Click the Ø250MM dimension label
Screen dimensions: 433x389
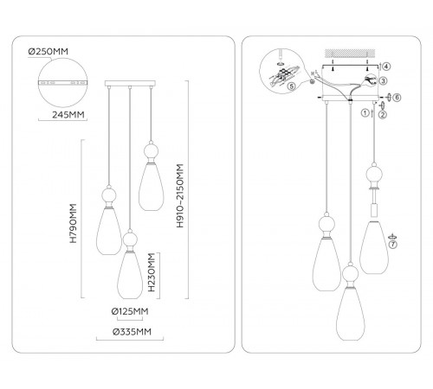pyautogui.click(x=48, y=52)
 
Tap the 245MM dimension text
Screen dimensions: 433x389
pyautogui.click(x=68, y=115)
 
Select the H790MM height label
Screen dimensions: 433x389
pyautogui.click(x=74, y=223)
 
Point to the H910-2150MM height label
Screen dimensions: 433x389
pyautogui.click(x=180, y=196)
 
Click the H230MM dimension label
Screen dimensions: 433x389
pyautogui.click(x=152, y=272)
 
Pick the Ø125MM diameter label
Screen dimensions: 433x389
pyautogui.click(x=130, y=311)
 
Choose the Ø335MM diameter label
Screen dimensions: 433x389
pyautogui.click(x=132, y=332)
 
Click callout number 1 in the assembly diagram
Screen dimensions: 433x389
pyautogui.click(x=365, y=112)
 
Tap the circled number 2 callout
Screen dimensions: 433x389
pyautogui.click(x=383, y=115)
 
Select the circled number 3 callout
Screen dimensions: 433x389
pyautogui.click(x=383, y=81)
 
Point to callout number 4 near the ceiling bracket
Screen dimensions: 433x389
pyautogui.click(x=386, y=67)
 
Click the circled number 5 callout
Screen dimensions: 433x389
pyautogui.click(x=292, y=86)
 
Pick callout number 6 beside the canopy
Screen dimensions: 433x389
pyautogui.click(x=397, y=98)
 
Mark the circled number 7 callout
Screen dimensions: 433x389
pyautogui.click(x=393, y=245)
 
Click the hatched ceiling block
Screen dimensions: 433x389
pyautogui.click(x=350, y=54)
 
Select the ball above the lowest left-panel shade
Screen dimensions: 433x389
pyautogui.click(x=130, y=239)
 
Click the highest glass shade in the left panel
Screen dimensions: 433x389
pyautogui.click(x=151, y=187)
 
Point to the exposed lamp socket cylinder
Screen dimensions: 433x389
pyautogui.click(x=374, y=210)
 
